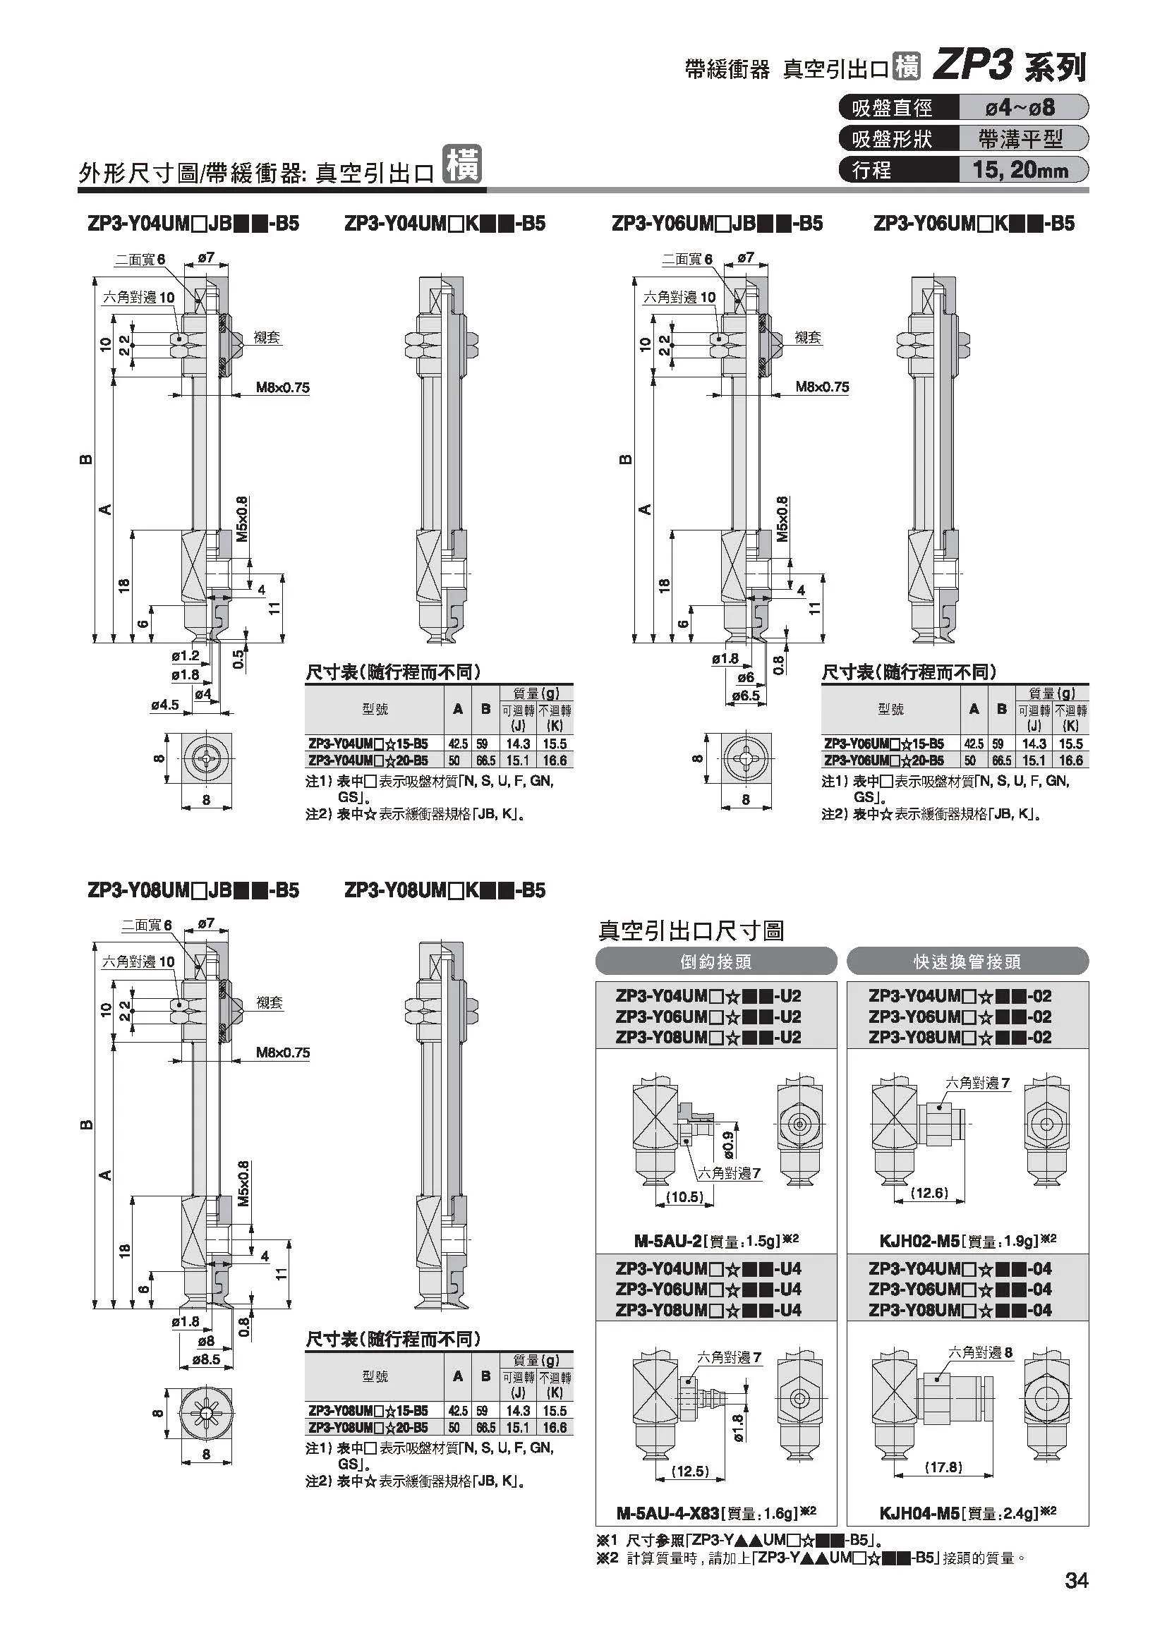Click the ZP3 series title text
click(1009, 68)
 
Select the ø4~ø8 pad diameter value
click(1020, 108)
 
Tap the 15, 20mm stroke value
click(1020, 169)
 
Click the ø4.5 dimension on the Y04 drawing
click(164, 705)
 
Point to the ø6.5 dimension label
click(745, 696)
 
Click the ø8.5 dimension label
click(205, 1359)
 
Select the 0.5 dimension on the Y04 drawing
click(240, 658)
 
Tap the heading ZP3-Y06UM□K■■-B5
click(973, 224)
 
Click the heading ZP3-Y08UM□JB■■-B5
click(193, 890)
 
